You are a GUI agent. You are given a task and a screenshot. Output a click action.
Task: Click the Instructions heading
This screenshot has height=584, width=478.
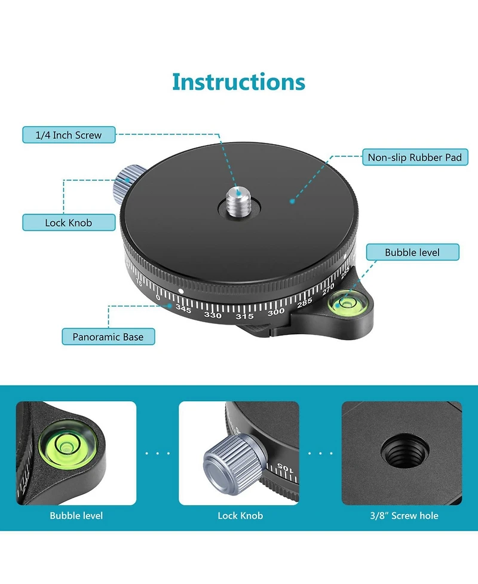[238, 82]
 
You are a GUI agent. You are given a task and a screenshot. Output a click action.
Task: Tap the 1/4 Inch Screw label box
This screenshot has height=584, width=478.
[69, 135]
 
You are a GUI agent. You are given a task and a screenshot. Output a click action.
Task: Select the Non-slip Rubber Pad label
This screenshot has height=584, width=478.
[415, 157]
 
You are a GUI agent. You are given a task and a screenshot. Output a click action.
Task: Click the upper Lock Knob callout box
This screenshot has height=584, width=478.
[69, 222]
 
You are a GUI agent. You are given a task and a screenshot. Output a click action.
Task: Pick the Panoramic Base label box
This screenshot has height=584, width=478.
[108, 337]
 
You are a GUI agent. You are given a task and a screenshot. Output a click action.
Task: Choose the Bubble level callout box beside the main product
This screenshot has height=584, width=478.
[412, 252]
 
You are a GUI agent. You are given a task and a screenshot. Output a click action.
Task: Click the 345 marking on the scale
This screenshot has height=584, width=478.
[183, 308]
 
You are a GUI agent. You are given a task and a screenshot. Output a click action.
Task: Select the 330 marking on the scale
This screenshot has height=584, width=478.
[213, 315]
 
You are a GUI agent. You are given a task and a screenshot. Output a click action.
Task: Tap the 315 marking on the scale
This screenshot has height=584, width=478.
[244, 316]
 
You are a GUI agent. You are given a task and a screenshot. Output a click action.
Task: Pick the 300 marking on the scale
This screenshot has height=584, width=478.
[276, 312]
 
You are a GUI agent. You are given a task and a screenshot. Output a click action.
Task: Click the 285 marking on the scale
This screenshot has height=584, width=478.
[305, 303]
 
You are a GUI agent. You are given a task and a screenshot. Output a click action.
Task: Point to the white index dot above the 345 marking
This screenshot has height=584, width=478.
[181, 291]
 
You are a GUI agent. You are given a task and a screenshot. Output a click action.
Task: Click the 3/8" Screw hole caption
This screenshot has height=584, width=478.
[404, 515]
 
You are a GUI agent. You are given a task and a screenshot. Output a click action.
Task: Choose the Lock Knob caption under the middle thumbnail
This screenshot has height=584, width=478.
[240, 515]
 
